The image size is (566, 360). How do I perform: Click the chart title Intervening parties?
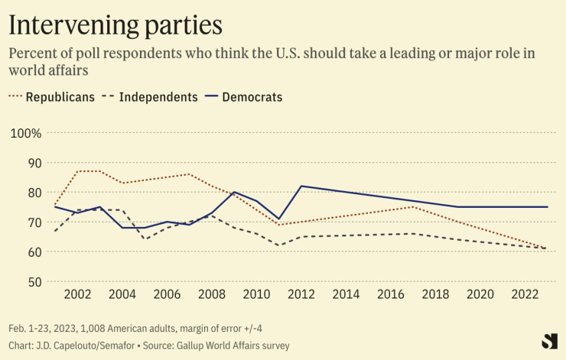tap(115, 24)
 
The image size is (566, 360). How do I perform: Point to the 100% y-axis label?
tap(26, 133)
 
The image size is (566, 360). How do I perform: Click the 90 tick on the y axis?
tap(33, 163)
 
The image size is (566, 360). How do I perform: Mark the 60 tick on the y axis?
tap(33, 251)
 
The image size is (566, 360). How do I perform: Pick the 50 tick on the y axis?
tap(33, 281)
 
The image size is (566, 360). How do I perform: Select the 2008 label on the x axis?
tap(212, 294)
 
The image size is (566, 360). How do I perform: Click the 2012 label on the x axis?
tap(301, 294)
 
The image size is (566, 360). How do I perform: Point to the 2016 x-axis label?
tap(391, 294)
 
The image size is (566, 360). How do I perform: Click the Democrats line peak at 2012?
tap(301, 186)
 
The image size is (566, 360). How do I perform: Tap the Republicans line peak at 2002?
tap(78, 171)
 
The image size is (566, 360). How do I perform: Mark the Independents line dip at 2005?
tap(145, 239)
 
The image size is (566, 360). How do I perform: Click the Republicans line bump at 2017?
tap(413, 206)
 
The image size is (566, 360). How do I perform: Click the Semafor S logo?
tap(549, 342)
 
